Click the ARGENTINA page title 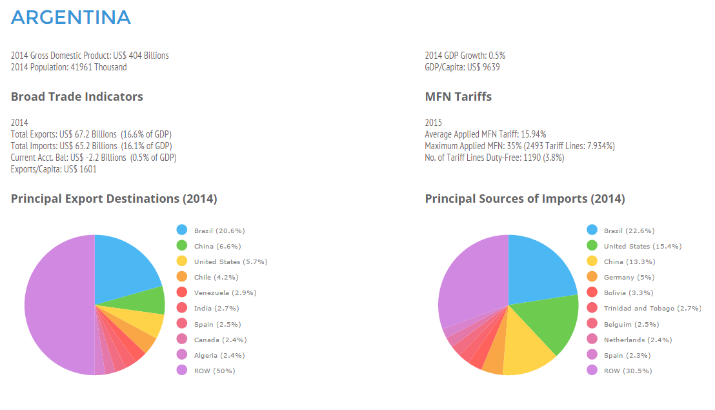click(x=71, y=17)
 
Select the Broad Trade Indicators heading click(x=77, y=97)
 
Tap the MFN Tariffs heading click(x=458, y=97)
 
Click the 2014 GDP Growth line click(x=465, y=56)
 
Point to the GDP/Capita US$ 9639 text click(x=462, y=67)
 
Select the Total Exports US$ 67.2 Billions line click(x=91, y=134)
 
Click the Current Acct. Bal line click(x=94, y=158)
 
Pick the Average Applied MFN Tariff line click(x=485, y=134)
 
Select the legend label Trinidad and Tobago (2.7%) click(x=652, y=308)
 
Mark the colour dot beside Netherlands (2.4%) click(x=592, y=339)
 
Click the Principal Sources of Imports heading click(x=525, y=199)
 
